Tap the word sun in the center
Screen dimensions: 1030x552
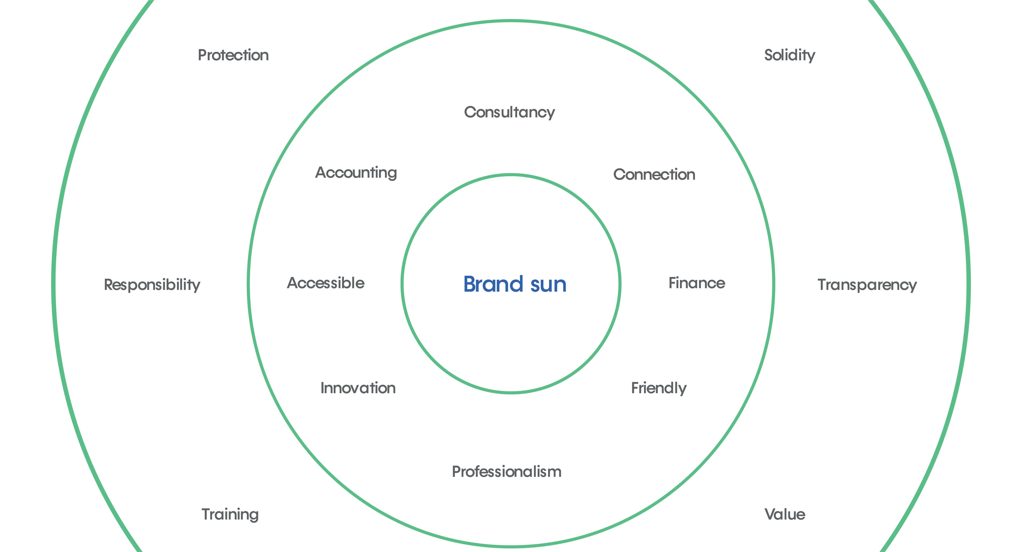(548, 286)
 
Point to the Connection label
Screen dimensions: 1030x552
(654, 175)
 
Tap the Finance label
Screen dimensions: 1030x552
(697, 283)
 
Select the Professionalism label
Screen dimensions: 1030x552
(507, 471)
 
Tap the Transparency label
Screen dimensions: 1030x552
(867, 285)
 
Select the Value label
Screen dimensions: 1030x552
(785, 514)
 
